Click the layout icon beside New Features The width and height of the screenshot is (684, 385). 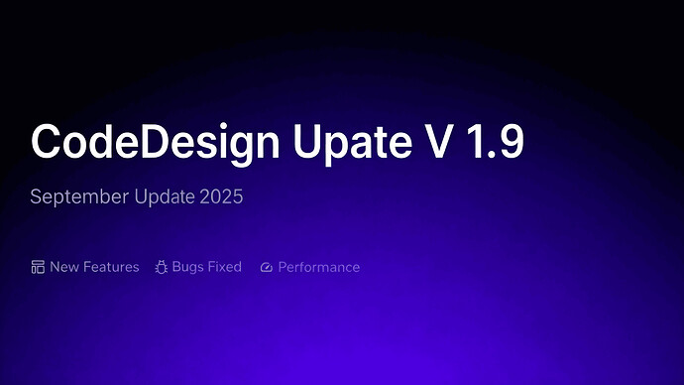pos(38,267)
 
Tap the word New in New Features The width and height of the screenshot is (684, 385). pos(63,267)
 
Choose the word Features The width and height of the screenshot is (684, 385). pos(110,267)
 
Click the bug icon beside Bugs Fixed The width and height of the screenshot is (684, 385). pos(162,267)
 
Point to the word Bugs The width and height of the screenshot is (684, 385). pos(187,267)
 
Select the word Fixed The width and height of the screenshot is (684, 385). pos(225,267)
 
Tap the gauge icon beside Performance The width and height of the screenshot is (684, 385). pos(266,268)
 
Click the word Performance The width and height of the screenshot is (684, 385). pos(318,267)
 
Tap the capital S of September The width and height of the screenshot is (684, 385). pos(36,196)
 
